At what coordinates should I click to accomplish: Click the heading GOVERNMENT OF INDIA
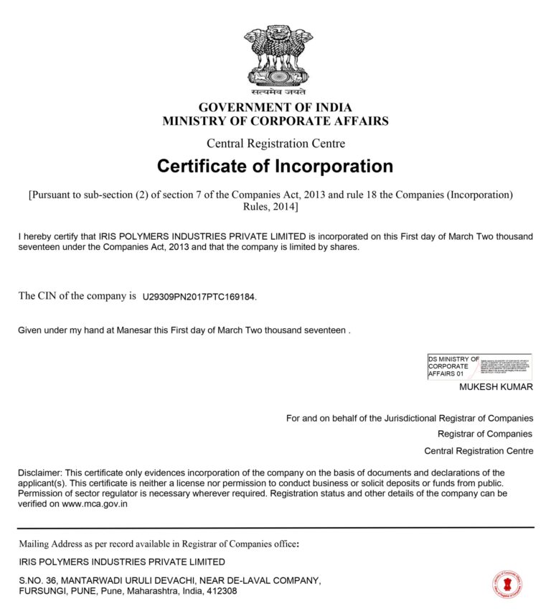pyautogui.click(x=275, y=108)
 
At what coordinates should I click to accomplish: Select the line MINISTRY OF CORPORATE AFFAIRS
pyautogui.click(x=275, y=121)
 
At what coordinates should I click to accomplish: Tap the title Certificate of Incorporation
pyautogui.click(x=275, y=167)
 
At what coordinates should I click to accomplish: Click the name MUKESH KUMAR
pyautogui.click(x=496, y=387)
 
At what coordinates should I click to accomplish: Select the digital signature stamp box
pyautogui.click(x=480, y=367)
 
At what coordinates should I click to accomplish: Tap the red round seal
pyautogui.click(x=507, y=585)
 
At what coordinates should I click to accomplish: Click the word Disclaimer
pyautogui.click(x=40, y=473)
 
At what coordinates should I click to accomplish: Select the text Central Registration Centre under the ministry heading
pyautogui.click(x=275, y=144)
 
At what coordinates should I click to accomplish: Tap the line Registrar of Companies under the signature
pyautogui.click(x=485, y=434)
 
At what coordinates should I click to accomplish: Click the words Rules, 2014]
pyautogui.click(x=270, y=208)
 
